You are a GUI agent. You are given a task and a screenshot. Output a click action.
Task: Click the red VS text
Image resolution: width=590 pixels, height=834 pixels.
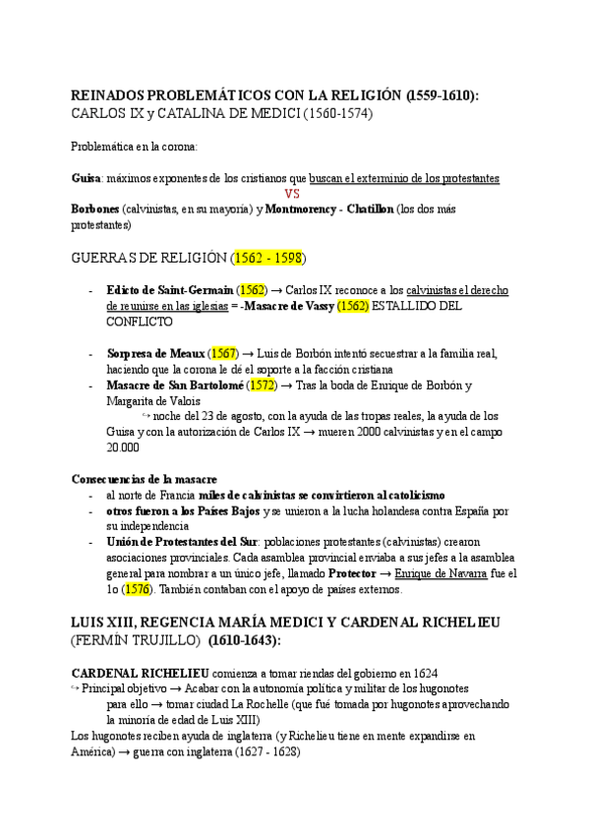[x=291, y=194]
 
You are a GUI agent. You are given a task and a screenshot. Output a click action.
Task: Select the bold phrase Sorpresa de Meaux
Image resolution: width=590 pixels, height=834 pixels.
[x=155, y=353]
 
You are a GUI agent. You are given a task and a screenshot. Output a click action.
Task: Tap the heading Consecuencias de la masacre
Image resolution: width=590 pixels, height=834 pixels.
[x=145, y=478]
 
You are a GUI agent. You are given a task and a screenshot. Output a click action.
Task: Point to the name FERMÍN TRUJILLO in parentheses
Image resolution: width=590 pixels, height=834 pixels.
[x=140, y=640]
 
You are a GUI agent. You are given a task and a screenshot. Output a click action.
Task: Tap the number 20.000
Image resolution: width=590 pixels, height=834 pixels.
[x=122, y=447]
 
